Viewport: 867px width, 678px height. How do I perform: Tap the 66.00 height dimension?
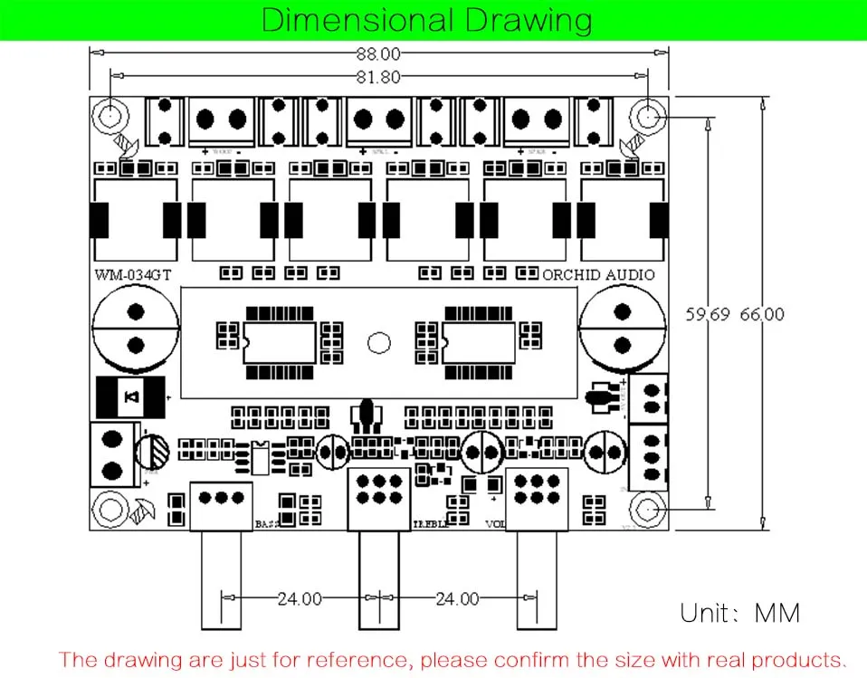click(x=762, y=315)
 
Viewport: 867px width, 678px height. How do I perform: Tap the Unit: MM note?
click(x=740, y=613)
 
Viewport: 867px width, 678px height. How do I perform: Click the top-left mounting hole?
click(x=110, y=116)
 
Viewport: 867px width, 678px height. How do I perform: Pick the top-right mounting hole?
click(x=648, y=116)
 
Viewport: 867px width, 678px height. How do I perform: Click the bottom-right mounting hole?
click(x=648, y=511)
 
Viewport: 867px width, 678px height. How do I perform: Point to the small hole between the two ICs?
click(x=378, y=342)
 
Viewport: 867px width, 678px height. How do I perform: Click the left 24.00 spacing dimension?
click(x=300, y=598)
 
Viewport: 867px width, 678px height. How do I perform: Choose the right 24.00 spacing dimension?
click(x=457, y=598)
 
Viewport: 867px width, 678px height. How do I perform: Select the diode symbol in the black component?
click(x=132, y=396)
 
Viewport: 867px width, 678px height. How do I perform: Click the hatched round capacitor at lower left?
click(x=152, y=451)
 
